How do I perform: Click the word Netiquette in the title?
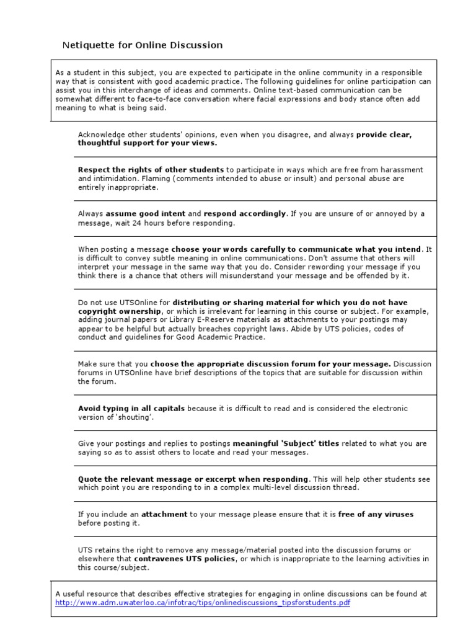(x=86, y=45)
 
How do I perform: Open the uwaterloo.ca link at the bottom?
(x=206, y=603)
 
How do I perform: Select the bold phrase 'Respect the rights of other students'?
(x=151, y=169)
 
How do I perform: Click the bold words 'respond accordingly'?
(x=245, y=214)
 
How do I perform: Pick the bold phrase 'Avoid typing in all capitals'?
(x=131, y=409)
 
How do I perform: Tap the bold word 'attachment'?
(x=164, y=514)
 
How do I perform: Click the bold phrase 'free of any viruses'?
(x=376, y=514)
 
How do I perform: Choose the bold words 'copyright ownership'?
(x=120, y=311)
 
